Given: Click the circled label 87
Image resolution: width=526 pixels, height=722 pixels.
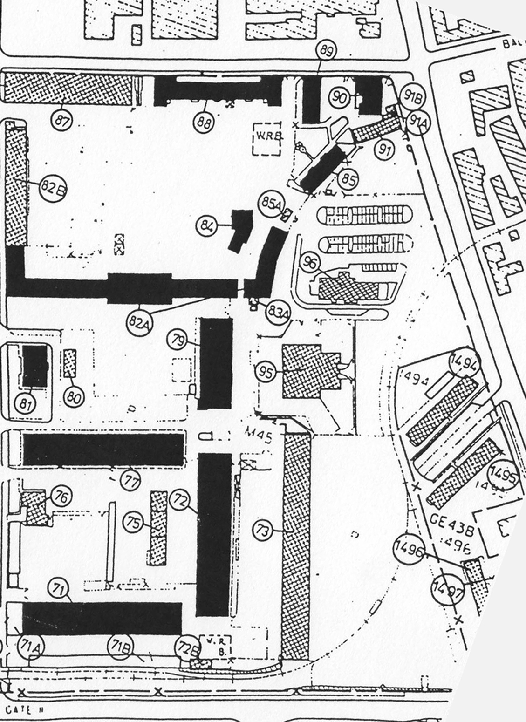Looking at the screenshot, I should (x=62, y=120).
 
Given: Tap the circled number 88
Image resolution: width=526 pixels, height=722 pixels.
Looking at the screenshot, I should (x=204, y=123).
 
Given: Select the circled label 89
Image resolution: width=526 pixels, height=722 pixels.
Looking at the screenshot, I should (x=326, y=51).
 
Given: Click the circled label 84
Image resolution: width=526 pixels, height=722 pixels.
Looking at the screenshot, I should (x=208, y=226).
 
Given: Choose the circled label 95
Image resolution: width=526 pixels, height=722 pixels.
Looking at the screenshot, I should (x=266, y=372).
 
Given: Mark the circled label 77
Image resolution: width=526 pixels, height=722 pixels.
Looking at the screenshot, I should (x=131, y=480).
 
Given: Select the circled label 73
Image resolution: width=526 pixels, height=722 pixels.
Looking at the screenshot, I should (x=263, y=530).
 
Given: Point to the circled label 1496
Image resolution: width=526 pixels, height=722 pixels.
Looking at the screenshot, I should (x=409, y=549).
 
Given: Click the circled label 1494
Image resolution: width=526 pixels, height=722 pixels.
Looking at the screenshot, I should (x=464, y=362).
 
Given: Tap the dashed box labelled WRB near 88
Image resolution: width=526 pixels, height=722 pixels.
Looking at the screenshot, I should (x=267, y=138).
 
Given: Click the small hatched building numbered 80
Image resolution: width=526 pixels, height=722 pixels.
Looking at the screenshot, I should (x=69, y=363).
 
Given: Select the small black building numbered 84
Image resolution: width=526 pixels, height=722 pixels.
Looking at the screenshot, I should (x=242, y=230).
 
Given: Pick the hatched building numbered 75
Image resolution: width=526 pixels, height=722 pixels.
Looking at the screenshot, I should (x=158, y=528).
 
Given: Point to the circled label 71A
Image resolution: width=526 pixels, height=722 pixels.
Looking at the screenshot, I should (x=31, y=647).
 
